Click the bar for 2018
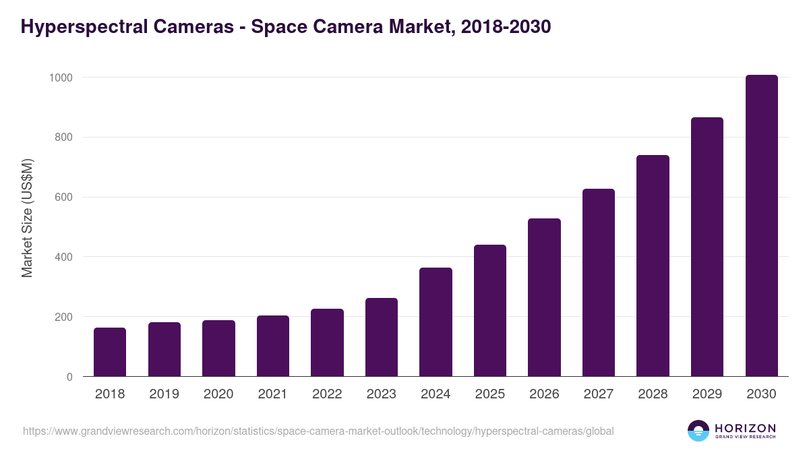(x=110, y=352)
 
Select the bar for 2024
(x=436, y=322)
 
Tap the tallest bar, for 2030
(x=761, y=226)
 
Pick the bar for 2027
(x=599, y=282)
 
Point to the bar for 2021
(x=273, y=346)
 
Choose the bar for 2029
(x=707, y=247)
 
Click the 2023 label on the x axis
(x=382, y=394)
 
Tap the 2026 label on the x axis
(x=544, y=394)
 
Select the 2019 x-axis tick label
(x=164, y=394)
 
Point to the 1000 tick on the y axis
(x=60, y=78)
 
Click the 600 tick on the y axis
(x=63, y=198)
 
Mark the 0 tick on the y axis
(x=69, y=377)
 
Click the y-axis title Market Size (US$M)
(x=27, y=218)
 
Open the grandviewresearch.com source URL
(x=318, y=431)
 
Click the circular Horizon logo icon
(x=698, y=431)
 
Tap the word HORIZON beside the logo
(x=745, y=428)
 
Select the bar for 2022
(x=327, y=342)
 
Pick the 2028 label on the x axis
(x=653, y=394)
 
